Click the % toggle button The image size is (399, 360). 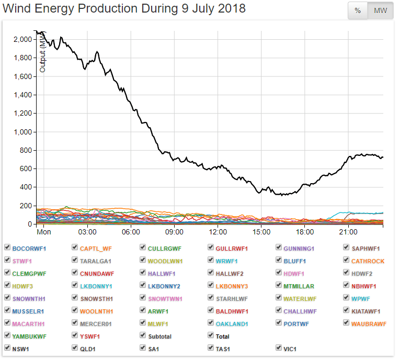pyautogui.click(x=358, y=11)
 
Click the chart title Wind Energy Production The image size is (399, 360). pyautogui.click(x=124, y=9)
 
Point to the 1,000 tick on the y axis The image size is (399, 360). pyautogui.click(x=22, y=132)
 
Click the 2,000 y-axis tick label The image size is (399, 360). pyautogui.click(x=22, y=39)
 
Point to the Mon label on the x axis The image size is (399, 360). pyautogui.click(x=58, y=231)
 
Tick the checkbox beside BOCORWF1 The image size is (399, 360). pyautogui.click(x=7, y=248)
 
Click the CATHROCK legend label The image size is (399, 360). pyautogui.click(x=368, y=261)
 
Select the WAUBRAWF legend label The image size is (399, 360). pyautogui.click(x=369, y=323)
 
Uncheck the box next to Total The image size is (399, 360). pyautogui.click(x=211, y=335)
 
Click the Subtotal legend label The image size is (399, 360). pyautogui.click(x=159, y=336)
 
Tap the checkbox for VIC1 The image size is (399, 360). pyautogui.click(x=279, y=347)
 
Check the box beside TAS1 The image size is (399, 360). pyautogui.click(x=211, y=347)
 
